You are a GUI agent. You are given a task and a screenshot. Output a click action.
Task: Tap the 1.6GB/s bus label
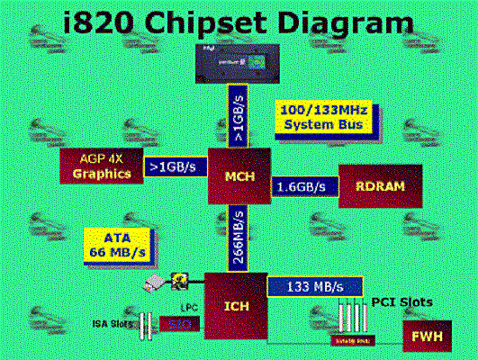(303, 186)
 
